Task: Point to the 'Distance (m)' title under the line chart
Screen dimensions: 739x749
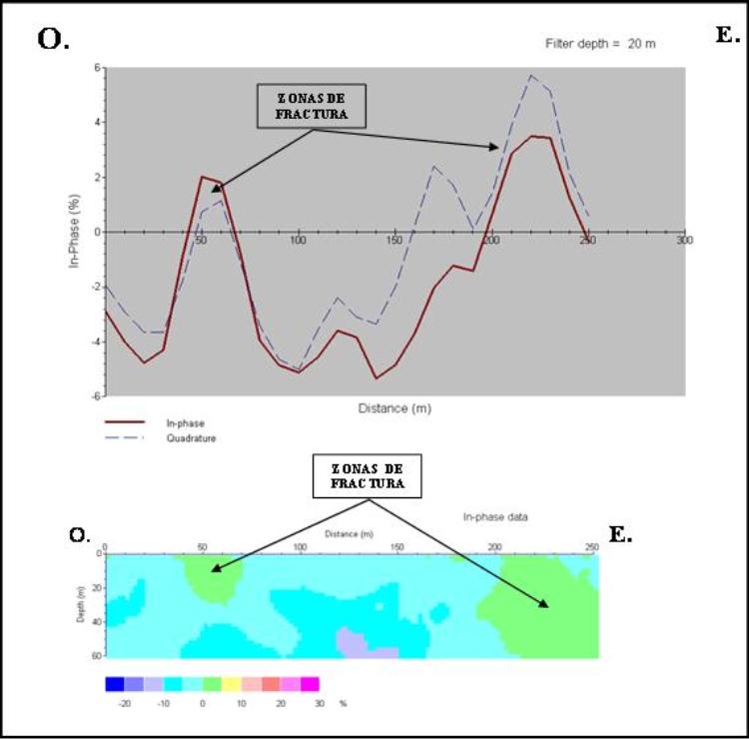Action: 394,408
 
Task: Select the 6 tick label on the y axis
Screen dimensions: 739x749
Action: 97,68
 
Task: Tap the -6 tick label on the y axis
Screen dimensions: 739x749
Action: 96,395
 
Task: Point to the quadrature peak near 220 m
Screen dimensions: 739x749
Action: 531,76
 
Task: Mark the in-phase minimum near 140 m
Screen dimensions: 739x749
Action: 376,377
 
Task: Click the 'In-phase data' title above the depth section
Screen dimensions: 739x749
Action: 496,517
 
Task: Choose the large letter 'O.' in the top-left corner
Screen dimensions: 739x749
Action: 53,38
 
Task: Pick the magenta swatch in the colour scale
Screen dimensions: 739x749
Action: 310,684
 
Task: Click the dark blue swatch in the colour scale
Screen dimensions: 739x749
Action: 115,684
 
